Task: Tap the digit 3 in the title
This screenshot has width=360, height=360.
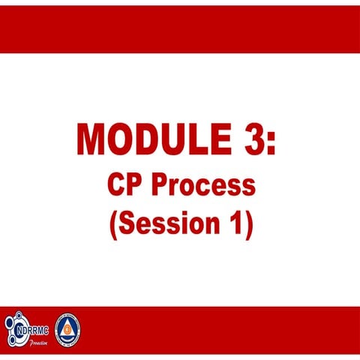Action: pos(253,139)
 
